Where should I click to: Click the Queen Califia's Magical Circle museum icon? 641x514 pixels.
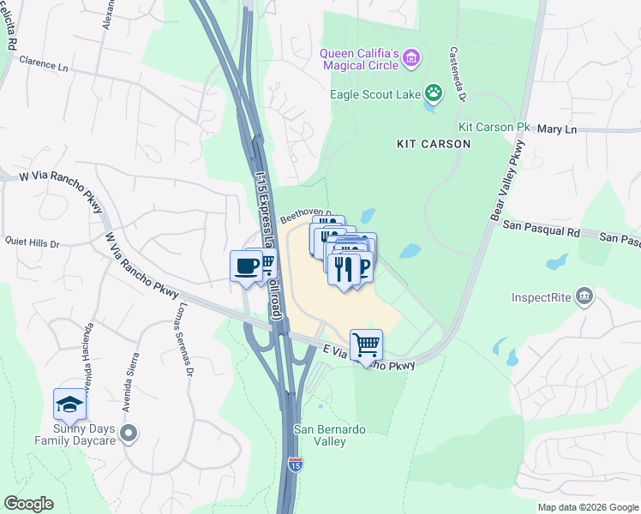[x=412, y=58]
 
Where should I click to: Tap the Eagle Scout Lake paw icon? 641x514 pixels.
[x=434, y=92]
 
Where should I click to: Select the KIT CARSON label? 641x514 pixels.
[x=434, y=144]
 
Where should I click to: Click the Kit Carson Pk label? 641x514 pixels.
[x=494, y=127]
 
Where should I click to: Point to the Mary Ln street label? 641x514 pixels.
[x=557, y=129]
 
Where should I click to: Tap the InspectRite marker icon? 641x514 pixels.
[x=584, y=296]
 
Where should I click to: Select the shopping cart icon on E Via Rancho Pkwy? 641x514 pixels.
[x=366, y=344]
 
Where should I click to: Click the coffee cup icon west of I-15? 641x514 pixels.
[x=246, y=265]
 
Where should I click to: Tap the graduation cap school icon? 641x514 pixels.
[x=69, y=403]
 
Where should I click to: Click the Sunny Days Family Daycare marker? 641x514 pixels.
[x=129, y=433]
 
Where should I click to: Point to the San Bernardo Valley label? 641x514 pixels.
[x=320, y=435]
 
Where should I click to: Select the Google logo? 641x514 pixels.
[x=28, y=504]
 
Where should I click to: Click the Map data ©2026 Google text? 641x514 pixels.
[x=587, y=507]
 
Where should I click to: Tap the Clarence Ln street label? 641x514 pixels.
[x=44, y=63]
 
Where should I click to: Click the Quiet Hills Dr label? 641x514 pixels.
[x=32, y=244]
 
